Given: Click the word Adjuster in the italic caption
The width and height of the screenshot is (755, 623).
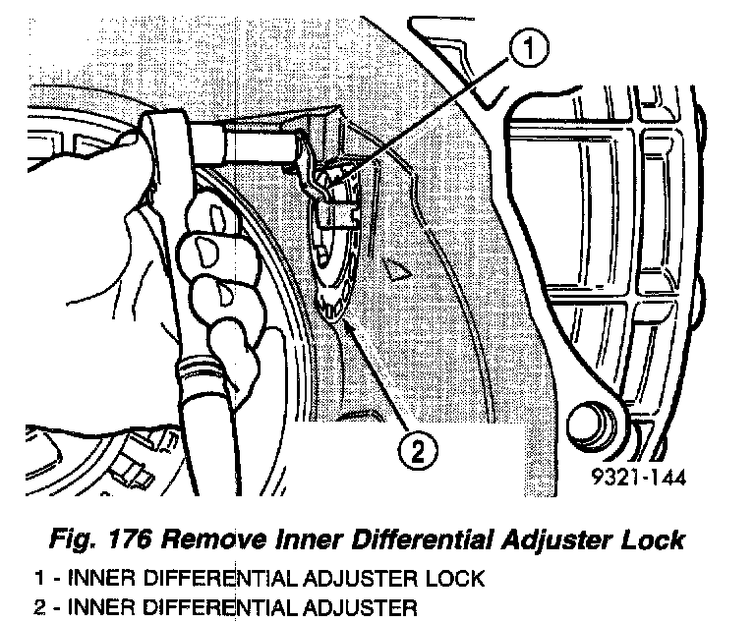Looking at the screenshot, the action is coord(561,539).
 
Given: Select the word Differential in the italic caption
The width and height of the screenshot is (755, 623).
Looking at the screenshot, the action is coord(432,539).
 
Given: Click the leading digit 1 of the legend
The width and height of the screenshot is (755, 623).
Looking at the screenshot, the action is coord(37,579).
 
